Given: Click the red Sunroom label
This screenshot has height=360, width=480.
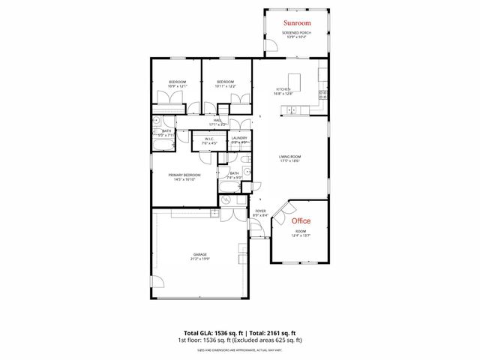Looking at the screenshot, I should tap(297, 23).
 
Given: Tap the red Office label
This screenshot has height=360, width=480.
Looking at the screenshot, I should tap(301, 221).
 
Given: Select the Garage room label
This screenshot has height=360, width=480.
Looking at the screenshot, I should tap(200, 255).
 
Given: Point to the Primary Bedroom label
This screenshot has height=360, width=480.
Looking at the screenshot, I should tap(184, 175).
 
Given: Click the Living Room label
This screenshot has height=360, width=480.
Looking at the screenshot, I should tap(289, 157).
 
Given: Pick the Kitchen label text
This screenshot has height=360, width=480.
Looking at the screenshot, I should tap(283, 90).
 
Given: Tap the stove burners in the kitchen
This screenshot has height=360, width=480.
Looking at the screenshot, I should tap(323, 94).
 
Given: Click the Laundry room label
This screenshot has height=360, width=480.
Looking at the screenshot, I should tap(239, 138).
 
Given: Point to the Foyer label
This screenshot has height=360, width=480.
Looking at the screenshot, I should tap(260, 211).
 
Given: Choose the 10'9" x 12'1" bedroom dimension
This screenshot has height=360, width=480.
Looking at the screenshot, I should tap(177, 86).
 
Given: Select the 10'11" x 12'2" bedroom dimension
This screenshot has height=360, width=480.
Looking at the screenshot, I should tap(226, 86).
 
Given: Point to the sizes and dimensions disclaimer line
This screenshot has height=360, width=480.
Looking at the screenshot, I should tap(239, 349).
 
